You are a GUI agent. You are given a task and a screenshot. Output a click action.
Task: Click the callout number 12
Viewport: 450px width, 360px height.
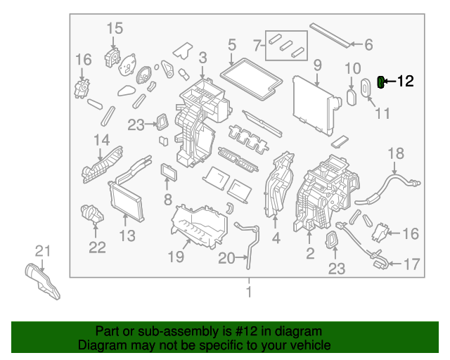406,82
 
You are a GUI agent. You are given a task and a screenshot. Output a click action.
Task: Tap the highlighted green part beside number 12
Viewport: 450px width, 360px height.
381,82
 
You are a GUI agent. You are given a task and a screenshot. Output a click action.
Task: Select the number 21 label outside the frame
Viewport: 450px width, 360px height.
44,252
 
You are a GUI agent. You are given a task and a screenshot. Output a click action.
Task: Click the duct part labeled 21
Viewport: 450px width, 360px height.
43,280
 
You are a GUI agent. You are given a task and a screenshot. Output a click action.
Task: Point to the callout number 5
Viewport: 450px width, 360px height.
232,46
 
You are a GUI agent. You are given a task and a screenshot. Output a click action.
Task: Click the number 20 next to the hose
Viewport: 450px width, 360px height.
226,259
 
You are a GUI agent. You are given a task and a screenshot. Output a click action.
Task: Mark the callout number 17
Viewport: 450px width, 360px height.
411,264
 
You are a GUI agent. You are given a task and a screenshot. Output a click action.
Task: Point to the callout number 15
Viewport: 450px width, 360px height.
114,28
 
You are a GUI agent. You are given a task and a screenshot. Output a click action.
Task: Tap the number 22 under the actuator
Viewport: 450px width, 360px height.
97,247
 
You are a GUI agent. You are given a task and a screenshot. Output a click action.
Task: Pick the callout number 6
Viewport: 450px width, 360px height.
368,45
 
